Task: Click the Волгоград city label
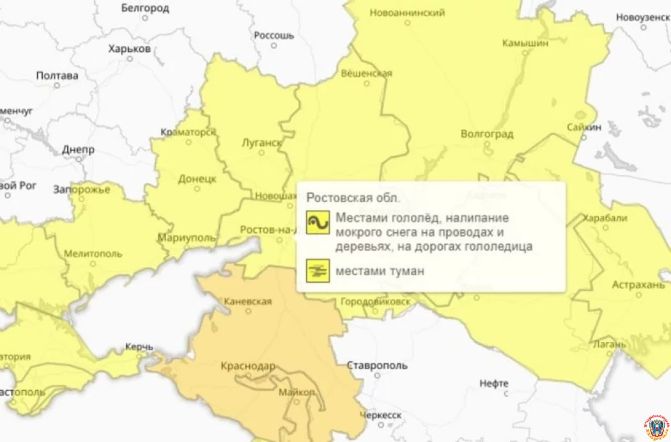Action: coord(486,134)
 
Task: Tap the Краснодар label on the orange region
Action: coord(247,367)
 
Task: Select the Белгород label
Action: coord(145,8)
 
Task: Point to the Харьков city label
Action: coord(129,49)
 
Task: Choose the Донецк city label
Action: coord(196,179)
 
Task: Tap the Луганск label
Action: coord(262,143)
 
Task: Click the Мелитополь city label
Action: coord(93,253)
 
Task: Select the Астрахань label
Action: coord(638,285)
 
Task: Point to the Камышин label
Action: coord(526,43)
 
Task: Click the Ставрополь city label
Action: coord(377,366)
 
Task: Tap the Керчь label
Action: coord(139,347)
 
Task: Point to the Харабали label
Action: coord(605,217)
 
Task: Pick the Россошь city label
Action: coord(274,35)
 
